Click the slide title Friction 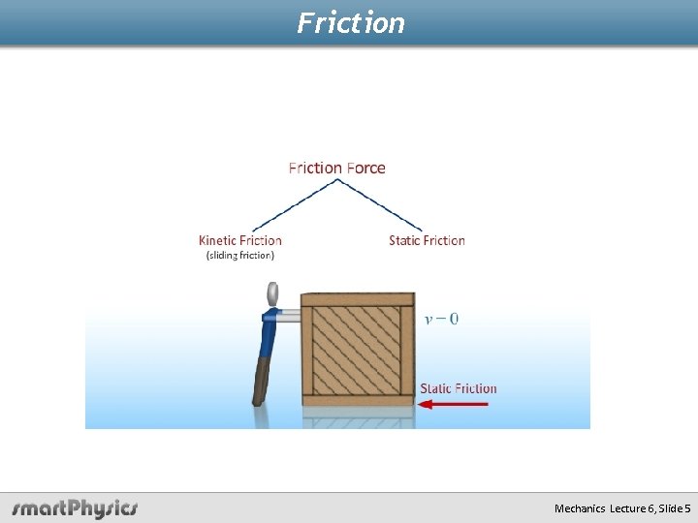point(351,22)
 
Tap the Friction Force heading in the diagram point(336,168)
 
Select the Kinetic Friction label point(240,240)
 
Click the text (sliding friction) point(240,256)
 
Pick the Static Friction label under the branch point(427,240)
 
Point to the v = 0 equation point(442,319)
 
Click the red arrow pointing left point(456,404)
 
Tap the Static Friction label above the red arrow point(458,388)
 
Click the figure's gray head point(272,292)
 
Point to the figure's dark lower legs point(261,382)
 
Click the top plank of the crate point(357,299)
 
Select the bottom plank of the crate point(357,400)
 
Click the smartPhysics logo point(75,508)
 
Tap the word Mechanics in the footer point(579,508)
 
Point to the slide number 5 point(686,508)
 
